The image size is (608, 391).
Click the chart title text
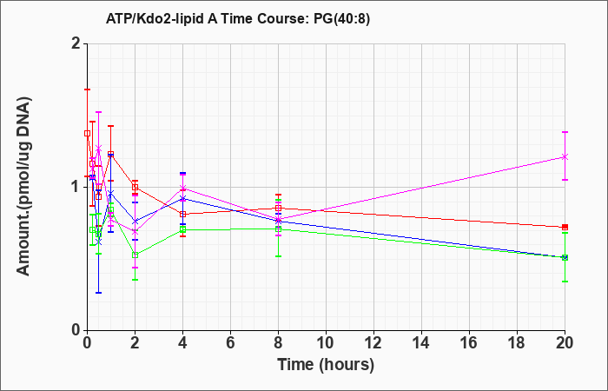(238, 18)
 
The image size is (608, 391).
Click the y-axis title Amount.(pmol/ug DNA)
(24, 186)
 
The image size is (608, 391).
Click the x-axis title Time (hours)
(326, 365)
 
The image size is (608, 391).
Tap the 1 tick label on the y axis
(76, 187)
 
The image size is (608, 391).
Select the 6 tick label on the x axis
(230, 343)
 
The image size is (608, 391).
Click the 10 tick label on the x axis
(326, 343)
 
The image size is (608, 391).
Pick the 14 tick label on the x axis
(421, 343)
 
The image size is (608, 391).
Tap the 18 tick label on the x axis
(517, 343)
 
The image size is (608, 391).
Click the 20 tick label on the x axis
(565, 343)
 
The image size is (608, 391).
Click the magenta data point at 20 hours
(565, 156)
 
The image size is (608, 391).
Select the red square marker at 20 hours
(565, 227)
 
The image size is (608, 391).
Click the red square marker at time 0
(87, 134)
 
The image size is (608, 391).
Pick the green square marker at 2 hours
(135, 255)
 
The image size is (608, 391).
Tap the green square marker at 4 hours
(182, 229)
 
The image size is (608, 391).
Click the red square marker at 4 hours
(182, 214)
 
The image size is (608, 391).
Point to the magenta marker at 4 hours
(182, 189)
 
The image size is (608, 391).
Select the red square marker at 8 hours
(278, 209)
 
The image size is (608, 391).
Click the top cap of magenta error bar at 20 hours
(565, 132)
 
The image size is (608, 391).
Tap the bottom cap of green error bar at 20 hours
(565, 282)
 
